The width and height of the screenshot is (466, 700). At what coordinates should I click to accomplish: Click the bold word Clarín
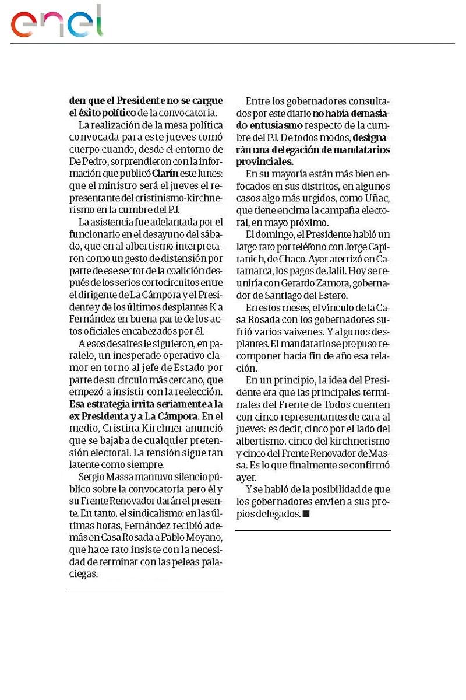pyautogui.click(x=165, y=173)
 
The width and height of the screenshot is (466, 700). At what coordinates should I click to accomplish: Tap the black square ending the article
pyautogui.click(x=306, y=514)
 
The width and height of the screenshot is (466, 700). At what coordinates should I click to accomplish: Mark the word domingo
pyautogui.click(x=280, y=235)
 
